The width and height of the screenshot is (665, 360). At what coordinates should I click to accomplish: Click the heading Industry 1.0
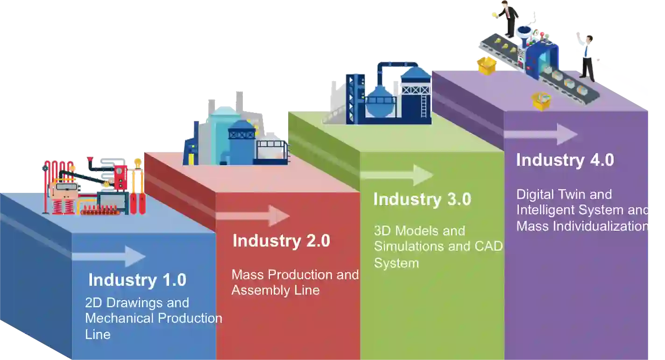tap(137, 280)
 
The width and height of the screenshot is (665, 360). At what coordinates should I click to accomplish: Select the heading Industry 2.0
tap(281, 241)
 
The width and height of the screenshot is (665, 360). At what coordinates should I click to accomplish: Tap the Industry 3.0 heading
tap(422, 199)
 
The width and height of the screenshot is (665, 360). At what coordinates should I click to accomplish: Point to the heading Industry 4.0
tap(565, 160)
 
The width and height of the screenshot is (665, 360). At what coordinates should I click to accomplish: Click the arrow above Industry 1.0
tap(109, 256)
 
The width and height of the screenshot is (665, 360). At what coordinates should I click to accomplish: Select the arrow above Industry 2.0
tap(253, 216)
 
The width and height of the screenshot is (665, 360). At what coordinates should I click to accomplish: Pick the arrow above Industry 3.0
tap(397, 175)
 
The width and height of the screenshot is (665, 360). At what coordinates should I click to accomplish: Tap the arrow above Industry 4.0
tap(540, 134)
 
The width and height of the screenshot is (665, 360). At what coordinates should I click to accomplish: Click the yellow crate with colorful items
tap(542, 101)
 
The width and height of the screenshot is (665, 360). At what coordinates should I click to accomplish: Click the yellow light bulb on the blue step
tap(137, 163)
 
